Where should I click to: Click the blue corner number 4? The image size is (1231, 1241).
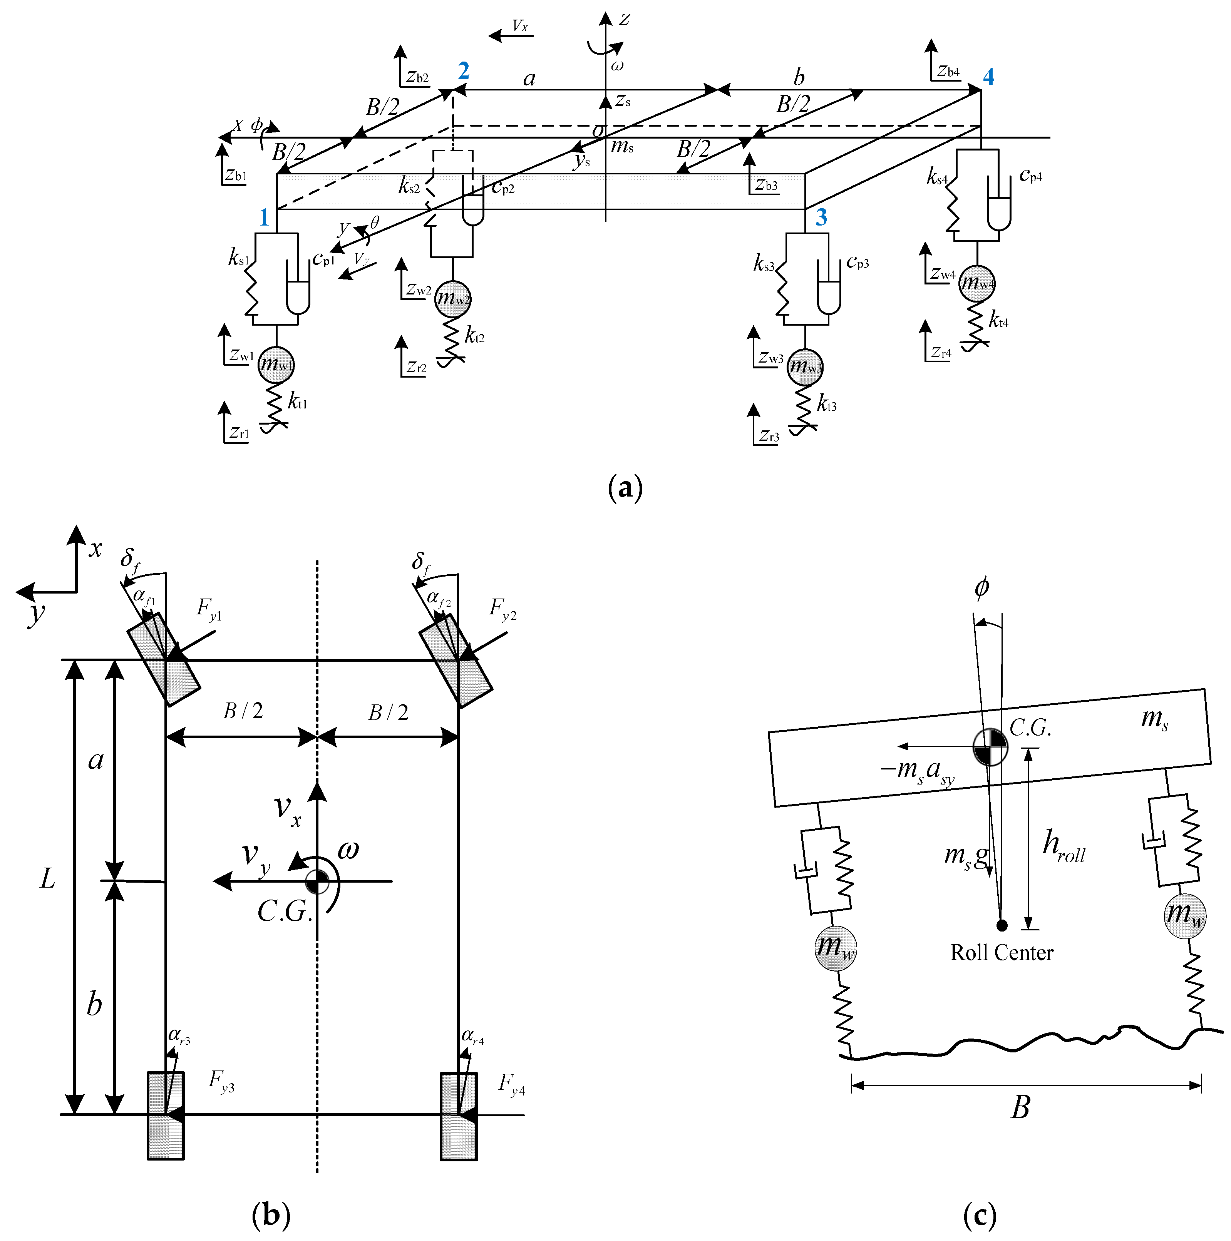[x=988, y=77]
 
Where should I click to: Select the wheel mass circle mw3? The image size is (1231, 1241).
[x=805, y=367]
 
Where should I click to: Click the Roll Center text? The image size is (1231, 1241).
[x=1001, y=953]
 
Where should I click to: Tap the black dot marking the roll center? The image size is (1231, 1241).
[x=1002, y=925]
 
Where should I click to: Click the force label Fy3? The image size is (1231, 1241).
[x=222, y=1081]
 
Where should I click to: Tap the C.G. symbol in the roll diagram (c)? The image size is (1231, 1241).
[x=990, y=746]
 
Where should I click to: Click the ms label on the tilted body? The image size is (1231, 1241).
[x=1154, y=718]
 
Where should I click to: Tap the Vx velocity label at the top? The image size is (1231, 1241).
[x=519, y=26]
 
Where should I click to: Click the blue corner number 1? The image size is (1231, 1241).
[x=263, y=218]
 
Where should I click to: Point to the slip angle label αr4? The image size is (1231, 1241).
[x=472, y=1037]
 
